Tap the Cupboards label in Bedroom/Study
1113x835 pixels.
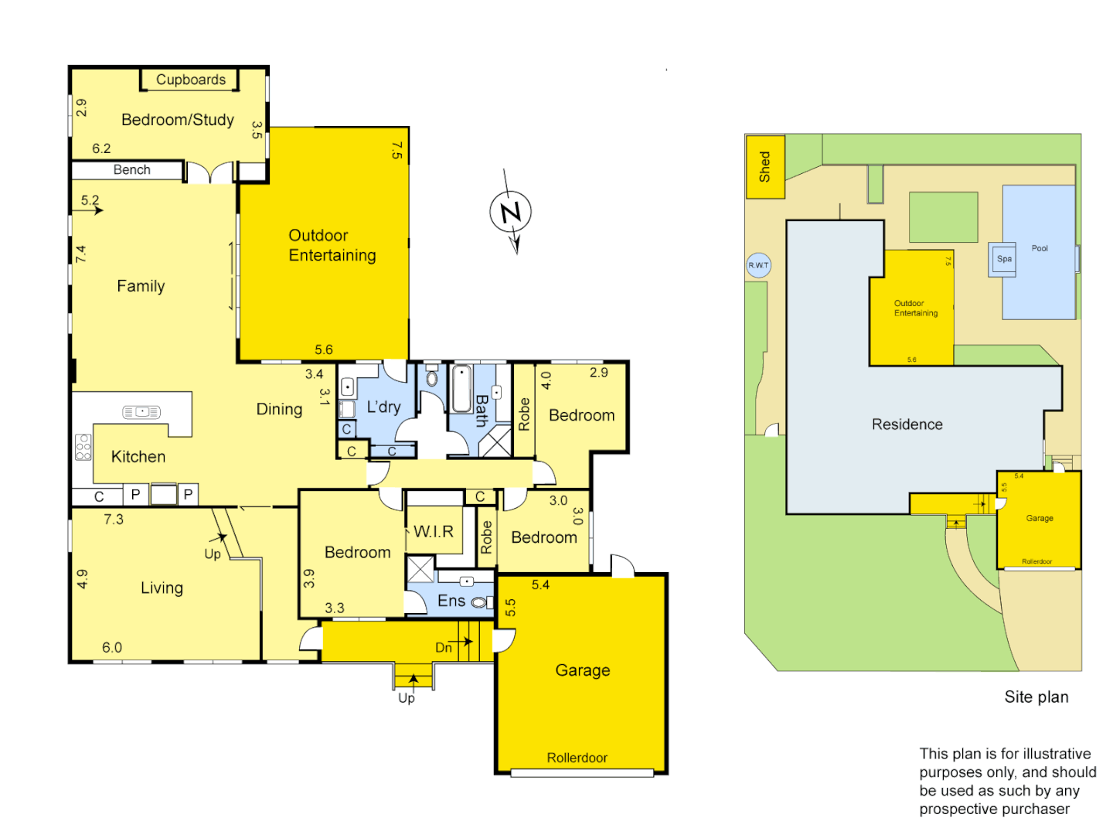[x=191, y=80]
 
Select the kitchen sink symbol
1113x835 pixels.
[x=141, y=412]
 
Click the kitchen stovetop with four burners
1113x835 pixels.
[x=83, y=447]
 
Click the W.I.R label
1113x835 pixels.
[x=434, y=531]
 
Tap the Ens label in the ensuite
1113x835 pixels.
[x=451, y=601]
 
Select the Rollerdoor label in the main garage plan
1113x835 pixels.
[x=577, y=758]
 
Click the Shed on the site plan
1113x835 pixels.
[x=764, y=167]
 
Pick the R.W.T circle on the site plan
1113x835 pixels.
[x=758, y=265]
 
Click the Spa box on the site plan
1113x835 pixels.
[x=1004, y=259]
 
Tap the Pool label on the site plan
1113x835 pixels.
[x=1040, y=248]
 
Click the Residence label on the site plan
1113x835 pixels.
[x=907, y=424]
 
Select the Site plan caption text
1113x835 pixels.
[x=1036, y=697]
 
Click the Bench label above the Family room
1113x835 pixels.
[x=131, y=170]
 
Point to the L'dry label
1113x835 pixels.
[x=383, y=407]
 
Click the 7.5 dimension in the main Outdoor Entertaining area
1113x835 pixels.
[x=397, y=150]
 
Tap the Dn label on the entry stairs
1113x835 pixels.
[x=444, y=648]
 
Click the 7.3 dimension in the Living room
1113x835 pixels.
[x=114, y=520]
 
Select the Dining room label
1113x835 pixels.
[x=279, y=409]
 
